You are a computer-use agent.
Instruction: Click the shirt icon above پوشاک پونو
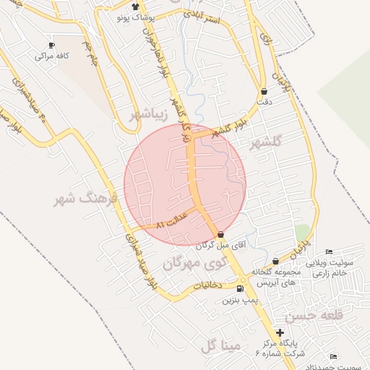135,7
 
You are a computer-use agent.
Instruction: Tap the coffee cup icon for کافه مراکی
51,45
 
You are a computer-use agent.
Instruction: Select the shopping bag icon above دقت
264,92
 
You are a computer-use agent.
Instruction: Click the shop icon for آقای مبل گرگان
220,235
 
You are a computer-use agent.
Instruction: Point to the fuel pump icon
240,289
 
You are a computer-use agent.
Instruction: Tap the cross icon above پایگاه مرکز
280,332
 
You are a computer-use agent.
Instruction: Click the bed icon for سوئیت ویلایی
330,251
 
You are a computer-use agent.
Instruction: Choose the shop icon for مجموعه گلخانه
275,262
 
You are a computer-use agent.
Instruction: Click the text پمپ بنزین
240,299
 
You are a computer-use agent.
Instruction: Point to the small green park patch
302,233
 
